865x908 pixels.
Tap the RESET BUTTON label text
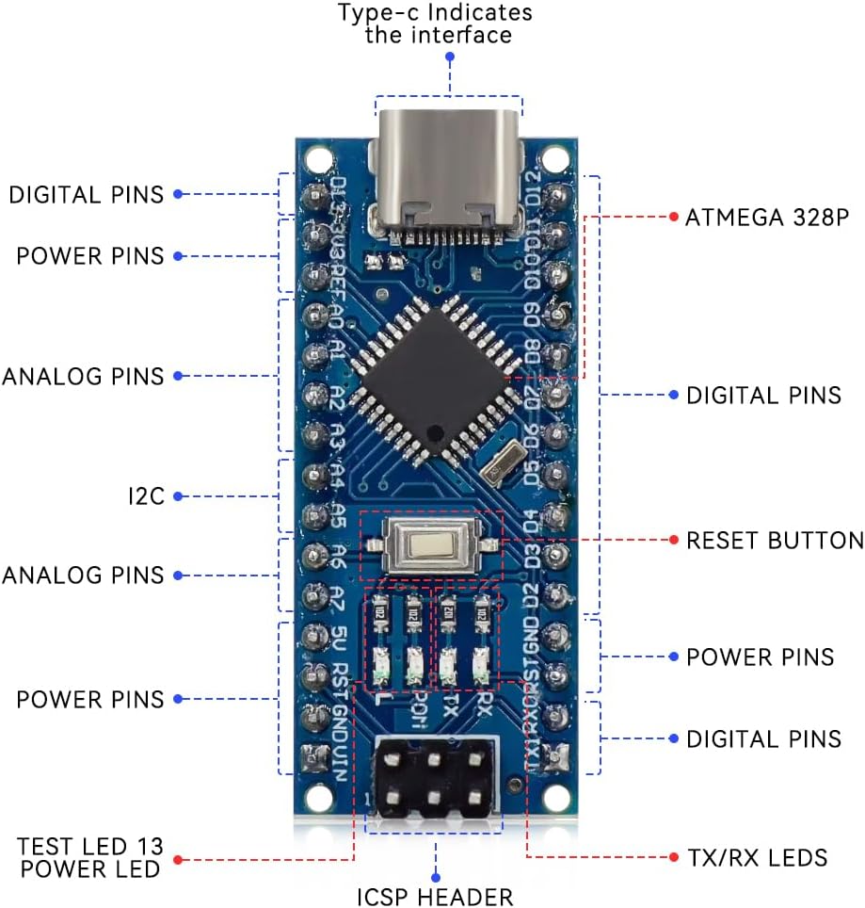pyautogui.click(x=775, y=541)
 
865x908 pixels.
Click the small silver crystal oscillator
pyautogui.click(x=500, y=462)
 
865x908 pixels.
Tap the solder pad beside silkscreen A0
pyautogui.click(x=312, y=315)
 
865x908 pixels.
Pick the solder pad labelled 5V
pyautogui.click(x=312, y=635)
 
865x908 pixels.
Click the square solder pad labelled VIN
pyautogui.click(x=311, y=756)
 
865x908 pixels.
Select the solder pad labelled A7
pyautogui.click(x=312, y=595)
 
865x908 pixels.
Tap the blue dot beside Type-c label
pyautogui.click(x=450, y=57)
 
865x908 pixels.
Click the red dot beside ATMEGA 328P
pyautogui.click(x=674, y=218)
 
